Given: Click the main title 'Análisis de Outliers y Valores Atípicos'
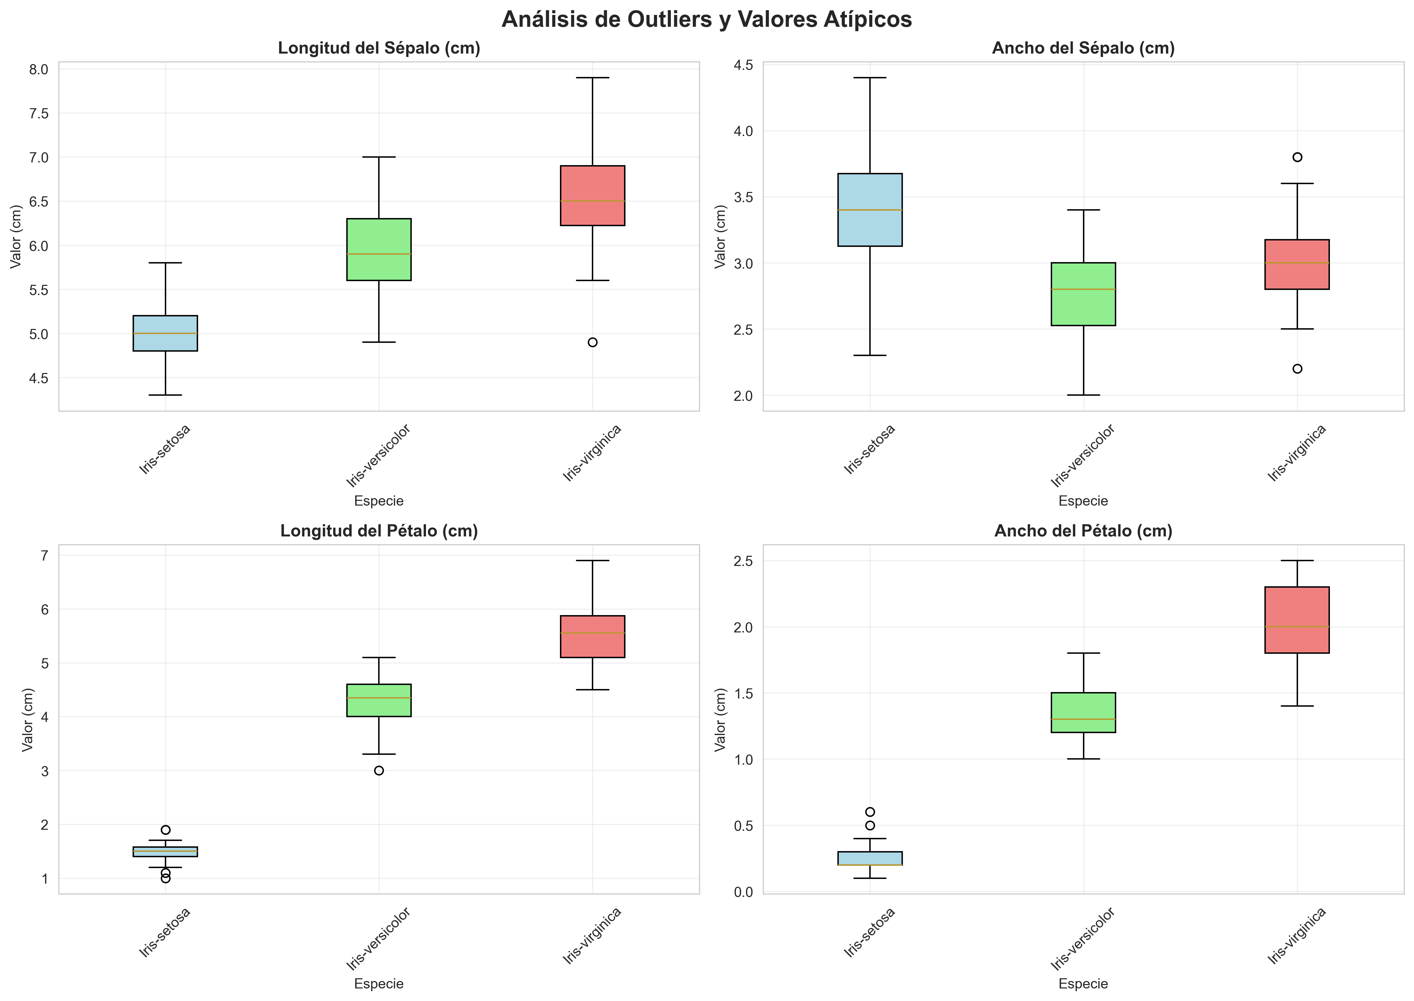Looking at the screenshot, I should pyautogui.click(x=706, y=20).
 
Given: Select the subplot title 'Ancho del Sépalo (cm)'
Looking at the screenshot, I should pyautogui.click(x=1083, y=49).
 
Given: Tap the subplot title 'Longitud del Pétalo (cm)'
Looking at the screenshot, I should pyautogui.click(x=379, y=531).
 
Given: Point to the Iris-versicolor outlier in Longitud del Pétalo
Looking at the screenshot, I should pyautogui.click(x=379, y=770).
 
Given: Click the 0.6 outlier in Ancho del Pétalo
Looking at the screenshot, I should pyautogui.click(x=870, y=812).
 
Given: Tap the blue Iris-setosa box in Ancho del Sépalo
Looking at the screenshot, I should pyautogui.click(x=870, y=210).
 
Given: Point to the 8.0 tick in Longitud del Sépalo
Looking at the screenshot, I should pyautogui.click(x=39, y=70).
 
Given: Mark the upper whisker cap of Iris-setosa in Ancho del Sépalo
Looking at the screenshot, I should pyautogui.click(x=870, y=78).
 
